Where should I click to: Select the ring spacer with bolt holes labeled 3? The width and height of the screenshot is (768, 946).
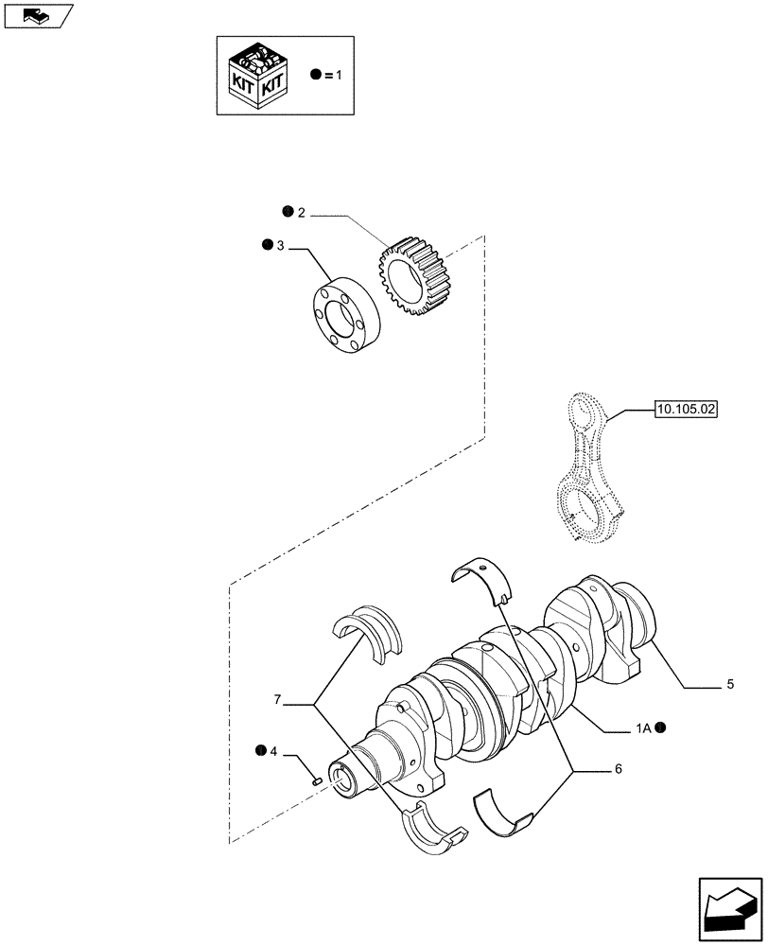click(x=346, y=312)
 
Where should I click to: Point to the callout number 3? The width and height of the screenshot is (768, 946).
click(x=280, y=246)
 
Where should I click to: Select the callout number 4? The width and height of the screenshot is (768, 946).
click(x=273, y=752)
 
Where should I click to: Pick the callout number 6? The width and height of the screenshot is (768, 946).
click(x=618, y=770)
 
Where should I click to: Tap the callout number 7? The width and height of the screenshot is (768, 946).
click(x=277, y=700)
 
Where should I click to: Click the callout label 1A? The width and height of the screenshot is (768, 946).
click(x=642, y=727)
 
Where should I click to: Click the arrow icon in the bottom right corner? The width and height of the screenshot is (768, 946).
click(x=730, y=909)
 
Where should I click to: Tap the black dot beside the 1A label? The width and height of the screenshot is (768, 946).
click(x=661, y=727)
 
